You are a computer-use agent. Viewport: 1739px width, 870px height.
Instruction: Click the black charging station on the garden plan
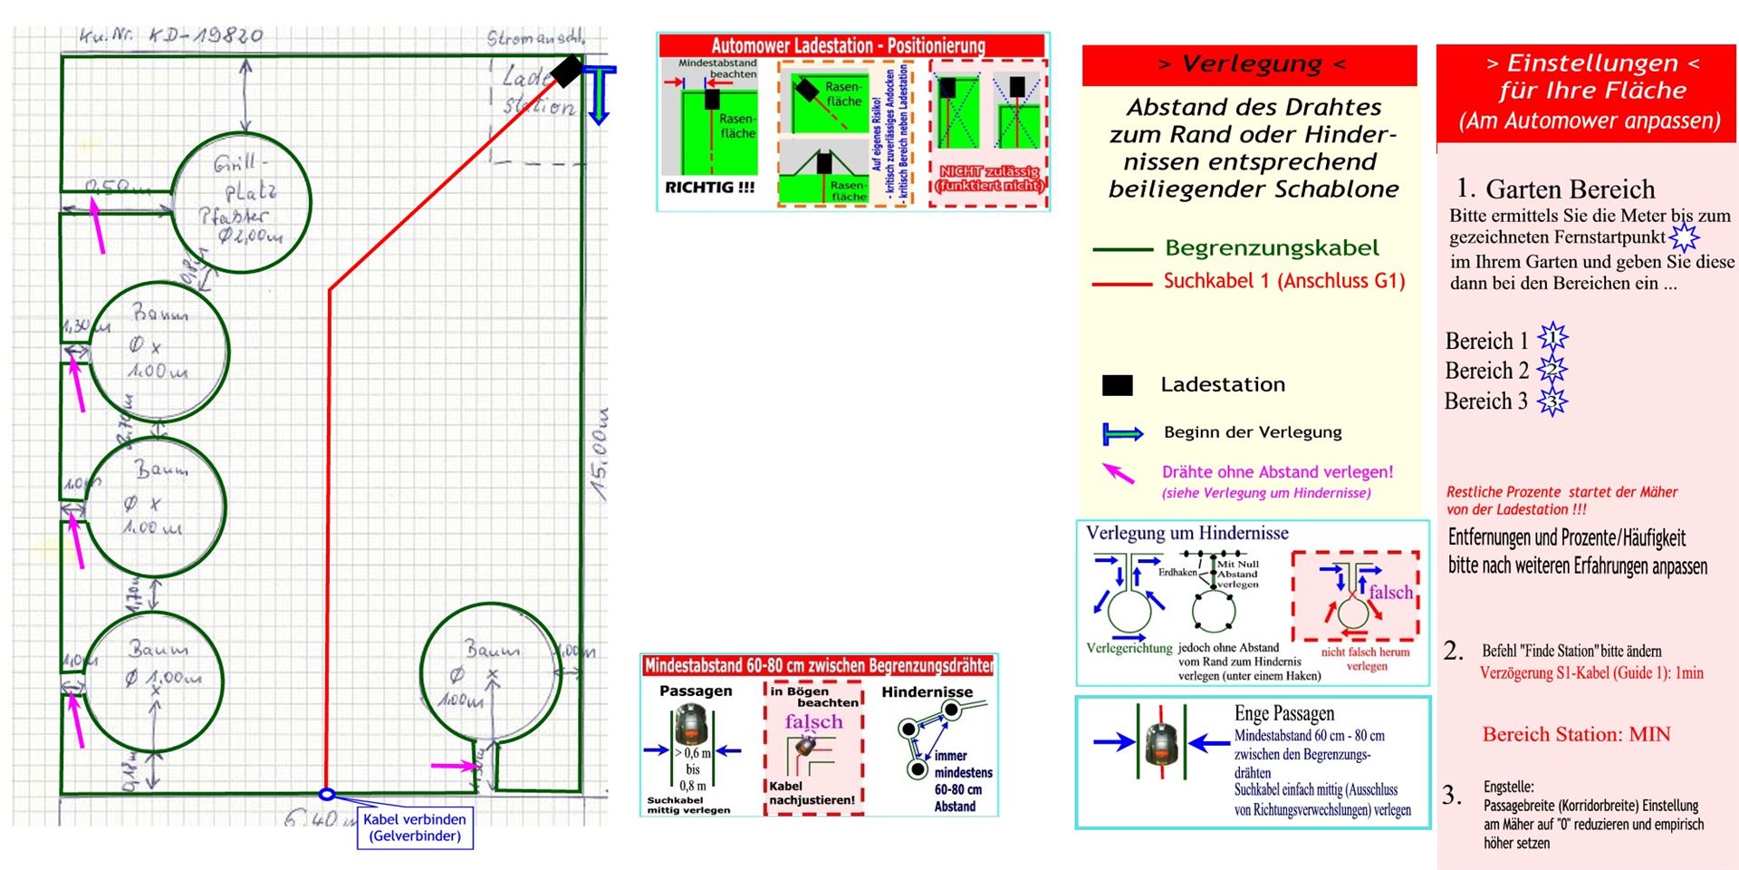(566, 71)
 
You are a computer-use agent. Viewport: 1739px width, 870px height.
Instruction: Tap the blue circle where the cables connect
(327, 795)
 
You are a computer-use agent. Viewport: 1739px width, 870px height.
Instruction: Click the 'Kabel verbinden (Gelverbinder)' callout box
(415, 827)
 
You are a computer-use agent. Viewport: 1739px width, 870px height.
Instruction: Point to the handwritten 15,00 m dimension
(600, 453)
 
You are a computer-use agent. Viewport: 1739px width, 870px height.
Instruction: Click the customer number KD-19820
(172, 36)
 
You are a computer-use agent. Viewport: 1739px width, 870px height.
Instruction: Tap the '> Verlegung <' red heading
(1250, 64)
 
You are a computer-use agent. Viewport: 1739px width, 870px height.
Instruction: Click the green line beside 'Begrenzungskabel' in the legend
(1121, 249)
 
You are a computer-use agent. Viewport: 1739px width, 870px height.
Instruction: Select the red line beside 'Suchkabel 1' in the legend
(1121, 284)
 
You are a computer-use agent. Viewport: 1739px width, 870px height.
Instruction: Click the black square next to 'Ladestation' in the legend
(1117, 385)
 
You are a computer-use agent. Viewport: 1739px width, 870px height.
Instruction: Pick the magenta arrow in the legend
(1119, 472)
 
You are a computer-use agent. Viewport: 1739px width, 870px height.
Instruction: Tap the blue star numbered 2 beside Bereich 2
(1552, 370)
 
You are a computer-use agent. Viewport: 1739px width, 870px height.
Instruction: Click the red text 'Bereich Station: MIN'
(1576, 735)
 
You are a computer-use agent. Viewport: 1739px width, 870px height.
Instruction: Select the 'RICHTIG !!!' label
(709, 188)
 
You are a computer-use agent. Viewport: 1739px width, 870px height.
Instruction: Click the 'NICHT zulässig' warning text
(989, 179)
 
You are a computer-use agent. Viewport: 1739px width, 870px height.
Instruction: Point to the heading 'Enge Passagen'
(1283, 713)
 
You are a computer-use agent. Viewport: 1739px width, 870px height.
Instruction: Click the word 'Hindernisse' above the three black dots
(927, 692)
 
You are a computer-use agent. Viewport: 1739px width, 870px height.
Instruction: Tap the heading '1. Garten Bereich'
(1555, 188)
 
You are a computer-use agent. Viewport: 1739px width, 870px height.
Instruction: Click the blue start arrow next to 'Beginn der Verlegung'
(1121, 433)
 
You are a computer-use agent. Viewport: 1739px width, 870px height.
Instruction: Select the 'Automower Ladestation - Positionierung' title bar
(848, 45)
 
